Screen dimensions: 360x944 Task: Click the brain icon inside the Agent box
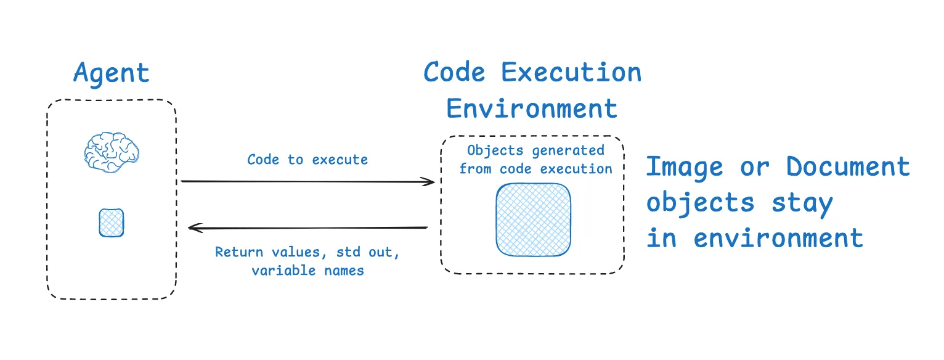click(112, 151)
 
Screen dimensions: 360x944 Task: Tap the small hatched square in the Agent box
click(112, 223)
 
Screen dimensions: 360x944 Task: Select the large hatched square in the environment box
click(533, 219)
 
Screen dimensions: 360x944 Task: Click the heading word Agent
click(112, 74)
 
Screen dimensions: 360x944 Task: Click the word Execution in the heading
click(571, 73)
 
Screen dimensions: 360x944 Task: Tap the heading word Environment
click(532, 109)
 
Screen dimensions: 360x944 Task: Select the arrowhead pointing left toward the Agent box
click(195, 228)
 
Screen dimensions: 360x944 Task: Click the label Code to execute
click(307, 160)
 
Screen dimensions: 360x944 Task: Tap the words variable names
click(307, 271)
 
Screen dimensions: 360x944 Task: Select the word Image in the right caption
click(685, 168)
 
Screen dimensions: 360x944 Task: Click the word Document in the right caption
click(848, 168)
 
